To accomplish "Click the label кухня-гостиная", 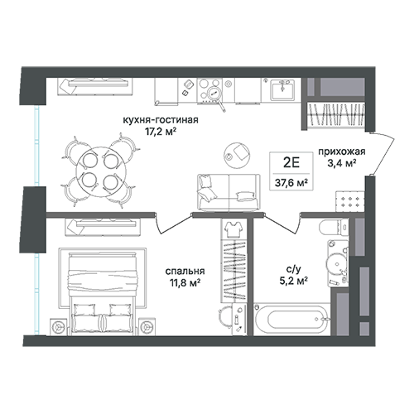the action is [x=161, y=120].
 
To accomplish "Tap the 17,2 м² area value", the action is [x=161, y=132].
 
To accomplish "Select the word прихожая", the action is [x=342, y=152].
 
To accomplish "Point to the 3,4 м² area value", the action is [x=341, y=163].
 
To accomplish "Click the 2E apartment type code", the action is [x=291, y=163].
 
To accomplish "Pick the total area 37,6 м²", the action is [x=291, y=182].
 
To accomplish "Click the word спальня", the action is [x=185, y=272].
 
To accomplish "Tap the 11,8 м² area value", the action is [x=185, y=283].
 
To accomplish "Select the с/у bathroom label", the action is [x=294, y=268].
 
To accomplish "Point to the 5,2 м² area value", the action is [x=294, y=281].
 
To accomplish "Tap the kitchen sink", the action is [x=282, y=89].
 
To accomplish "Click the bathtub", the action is [x=291, y=320].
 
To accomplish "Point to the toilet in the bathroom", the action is [x=334, y=228].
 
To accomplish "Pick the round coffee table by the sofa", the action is [x=237, y=155].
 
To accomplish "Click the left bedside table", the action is [x=59, y=327].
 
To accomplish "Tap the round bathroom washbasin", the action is [x=336, y=262].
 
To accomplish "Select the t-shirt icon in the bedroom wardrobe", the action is [x=233, y=229].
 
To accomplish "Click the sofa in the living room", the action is [x=229, y=192].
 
